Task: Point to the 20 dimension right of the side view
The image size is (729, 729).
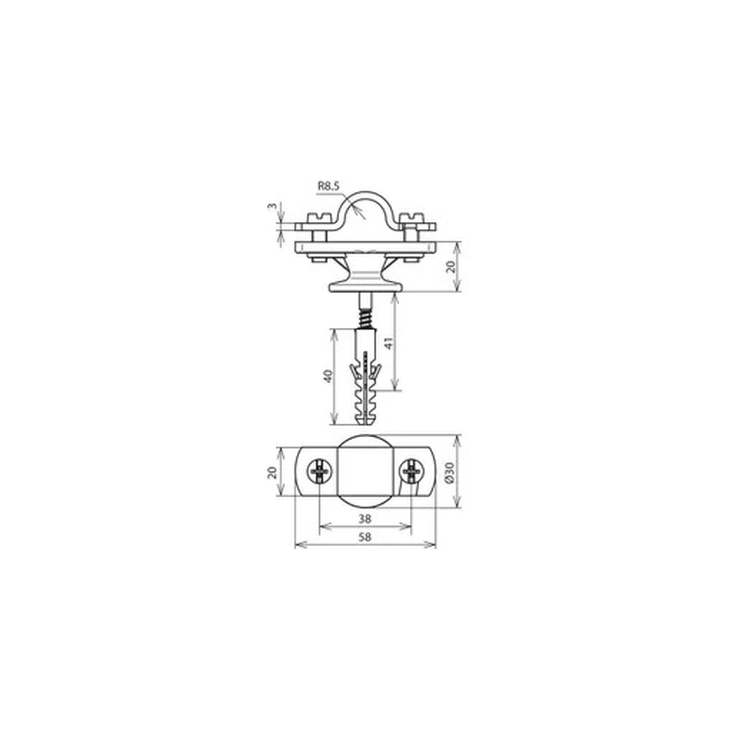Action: click(451, 267)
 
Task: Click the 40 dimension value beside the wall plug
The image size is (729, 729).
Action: click(329, 376)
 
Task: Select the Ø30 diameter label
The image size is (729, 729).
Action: click(451, 472)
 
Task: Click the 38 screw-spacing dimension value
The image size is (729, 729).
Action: click(365, 519)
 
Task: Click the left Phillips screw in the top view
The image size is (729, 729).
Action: click(320, 472)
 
